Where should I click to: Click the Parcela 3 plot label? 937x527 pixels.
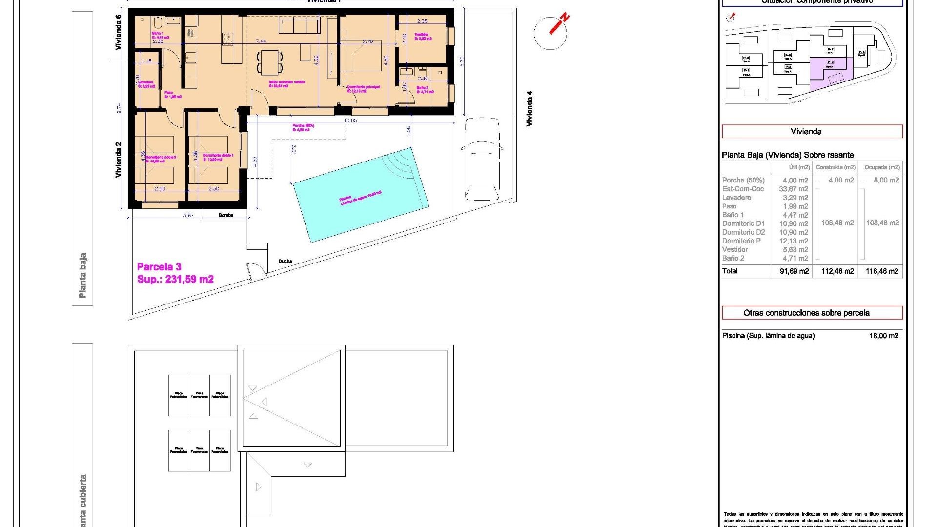coord(159,267)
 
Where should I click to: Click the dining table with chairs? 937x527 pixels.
coord(270,62)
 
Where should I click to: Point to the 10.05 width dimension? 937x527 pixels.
coord(350,120)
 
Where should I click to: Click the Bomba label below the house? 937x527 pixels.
coord(225,215)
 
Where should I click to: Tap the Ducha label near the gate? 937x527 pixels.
coord(285,261)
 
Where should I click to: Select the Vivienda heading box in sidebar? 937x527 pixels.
coord(812,132)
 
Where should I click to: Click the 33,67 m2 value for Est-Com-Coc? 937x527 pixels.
coord(795,189)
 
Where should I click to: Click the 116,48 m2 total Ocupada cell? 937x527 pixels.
coord(882,271)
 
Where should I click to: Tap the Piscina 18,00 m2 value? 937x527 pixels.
coord(884,336)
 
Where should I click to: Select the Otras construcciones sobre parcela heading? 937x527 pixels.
coord(812,313)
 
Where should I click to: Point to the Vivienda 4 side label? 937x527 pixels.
coord(529,108)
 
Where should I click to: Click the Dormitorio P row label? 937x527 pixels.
coord(741,241)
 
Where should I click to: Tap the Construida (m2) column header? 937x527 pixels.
coord(835,167)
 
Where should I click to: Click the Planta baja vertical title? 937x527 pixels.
coord(82,275)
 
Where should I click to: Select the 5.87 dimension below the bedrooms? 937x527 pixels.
coord(188,215)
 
